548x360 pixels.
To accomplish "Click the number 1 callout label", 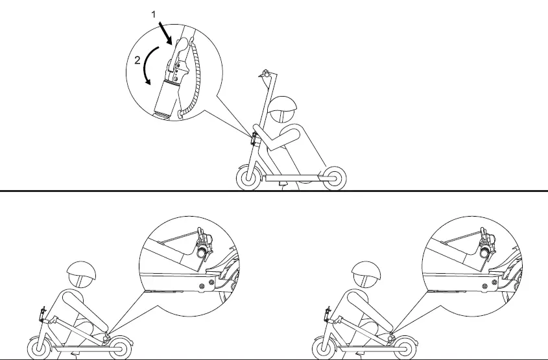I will point(152,13).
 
